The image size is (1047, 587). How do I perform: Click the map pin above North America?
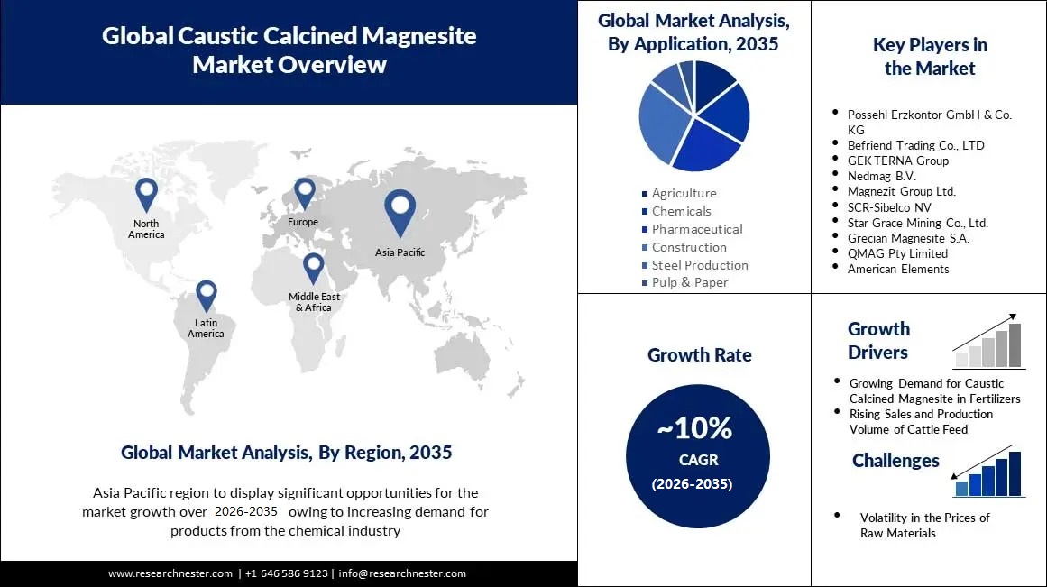[x=146, y=193]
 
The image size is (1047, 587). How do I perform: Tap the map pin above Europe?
[x=304, y=191]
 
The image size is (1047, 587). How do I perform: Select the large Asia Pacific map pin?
[x=400, y=210]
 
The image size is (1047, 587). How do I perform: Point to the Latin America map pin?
[x=207, y=294]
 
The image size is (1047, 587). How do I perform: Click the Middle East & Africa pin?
[x=313, y=267]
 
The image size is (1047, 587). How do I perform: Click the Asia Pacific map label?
[x=400, y=252]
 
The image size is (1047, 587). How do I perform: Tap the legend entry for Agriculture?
[x=684, y=193]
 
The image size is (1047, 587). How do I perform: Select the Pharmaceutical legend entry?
[x=697, y=229]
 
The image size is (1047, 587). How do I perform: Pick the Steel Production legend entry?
[x=700, y=265]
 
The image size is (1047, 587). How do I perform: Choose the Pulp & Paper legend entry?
[x=690, y=282]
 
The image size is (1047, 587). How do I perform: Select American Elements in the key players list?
[x=898, y=269]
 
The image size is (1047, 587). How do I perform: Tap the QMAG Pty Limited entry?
[x=897, y=253]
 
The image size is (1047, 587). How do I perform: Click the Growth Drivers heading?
[x=878, y=341]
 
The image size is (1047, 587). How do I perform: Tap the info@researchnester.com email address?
[x=402, y=573]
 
